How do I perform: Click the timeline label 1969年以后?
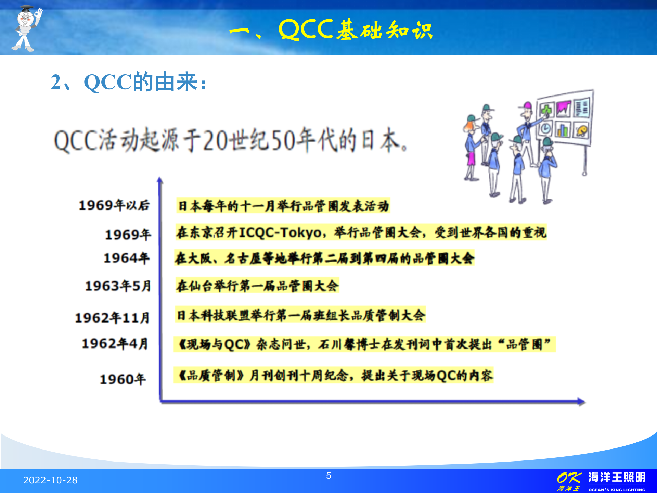(x=114, y=205)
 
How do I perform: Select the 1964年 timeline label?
(x=127, y=258)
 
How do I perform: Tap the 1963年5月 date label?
(x=118, y=286)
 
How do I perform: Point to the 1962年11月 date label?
(x=113, y=318)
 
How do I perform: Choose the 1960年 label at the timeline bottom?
(x=123, y=379)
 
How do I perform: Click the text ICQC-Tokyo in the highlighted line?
(x=280, y=233)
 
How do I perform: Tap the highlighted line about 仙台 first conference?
(x=257, y=286)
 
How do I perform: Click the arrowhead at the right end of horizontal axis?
(x=581, y=401)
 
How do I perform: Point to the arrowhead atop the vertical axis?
(x=160, y=180)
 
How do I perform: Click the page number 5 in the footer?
(x=328, y=476)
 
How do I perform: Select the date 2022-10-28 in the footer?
(x=50, y=480)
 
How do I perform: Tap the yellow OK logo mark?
(x=569, y=478)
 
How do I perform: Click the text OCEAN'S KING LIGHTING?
(x=617, y=490)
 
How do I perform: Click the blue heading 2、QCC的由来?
(x=129, y=82)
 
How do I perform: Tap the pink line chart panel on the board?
(x=563, y=109)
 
